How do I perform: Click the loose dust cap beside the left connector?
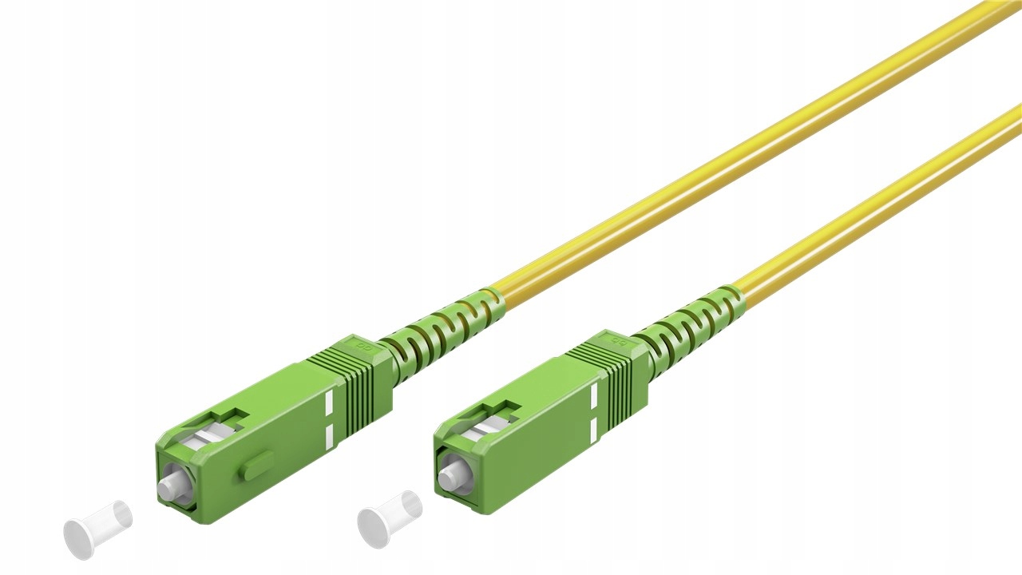coord(97,527)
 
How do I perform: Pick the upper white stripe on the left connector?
coord(331,404)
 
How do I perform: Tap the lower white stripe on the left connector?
coord(331,436)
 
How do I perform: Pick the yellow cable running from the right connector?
coord(878,200)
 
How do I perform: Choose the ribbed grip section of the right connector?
coord(623,375)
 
